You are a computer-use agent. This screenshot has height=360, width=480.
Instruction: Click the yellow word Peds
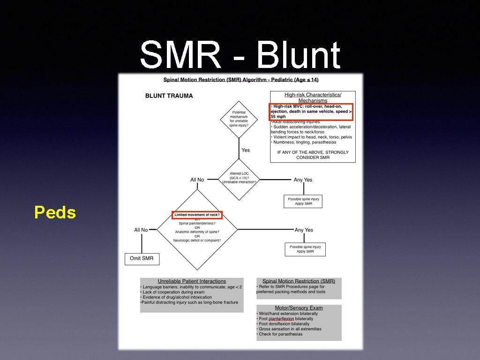pos(55,213)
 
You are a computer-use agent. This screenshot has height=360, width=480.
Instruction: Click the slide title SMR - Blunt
pos(240,55)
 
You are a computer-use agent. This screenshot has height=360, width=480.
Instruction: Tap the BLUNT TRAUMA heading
pos(169,96)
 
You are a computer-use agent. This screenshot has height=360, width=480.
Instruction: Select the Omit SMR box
pos(142,258)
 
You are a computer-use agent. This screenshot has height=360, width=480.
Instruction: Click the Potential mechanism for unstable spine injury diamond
pos(239,119)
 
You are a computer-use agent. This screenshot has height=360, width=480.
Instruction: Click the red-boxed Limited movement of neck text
pos(197,215)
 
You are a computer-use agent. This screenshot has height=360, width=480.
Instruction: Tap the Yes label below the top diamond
pos(246,150)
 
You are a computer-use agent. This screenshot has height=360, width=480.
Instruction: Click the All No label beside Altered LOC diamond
pos(197,180)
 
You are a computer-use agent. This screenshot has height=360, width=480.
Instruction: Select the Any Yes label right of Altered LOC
pos(303,180)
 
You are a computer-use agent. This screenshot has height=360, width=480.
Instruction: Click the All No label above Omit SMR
pos(141,230)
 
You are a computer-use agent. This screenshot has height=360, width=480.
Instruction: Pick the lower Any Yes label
pos(304,230)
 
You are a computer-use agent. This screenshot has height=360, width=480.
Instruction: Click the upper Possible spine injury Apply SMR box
pos(303,202)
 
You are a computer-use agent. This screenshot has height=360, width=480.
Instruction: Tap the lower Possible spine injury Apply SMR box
pos(305,249)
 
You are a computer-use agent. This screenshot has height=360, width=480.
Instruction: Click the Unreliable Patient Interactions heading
pos(192,281)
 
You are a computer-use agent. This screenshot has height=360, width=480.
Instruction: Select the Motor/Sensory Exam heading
pos(299,308)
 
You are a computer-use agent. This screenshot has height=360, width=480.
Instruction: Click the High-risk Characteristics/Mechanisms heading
pos(313,97)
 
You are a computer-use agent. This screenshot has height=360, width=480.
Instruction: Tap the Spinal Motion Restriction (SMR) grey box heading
pos(299,281)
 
